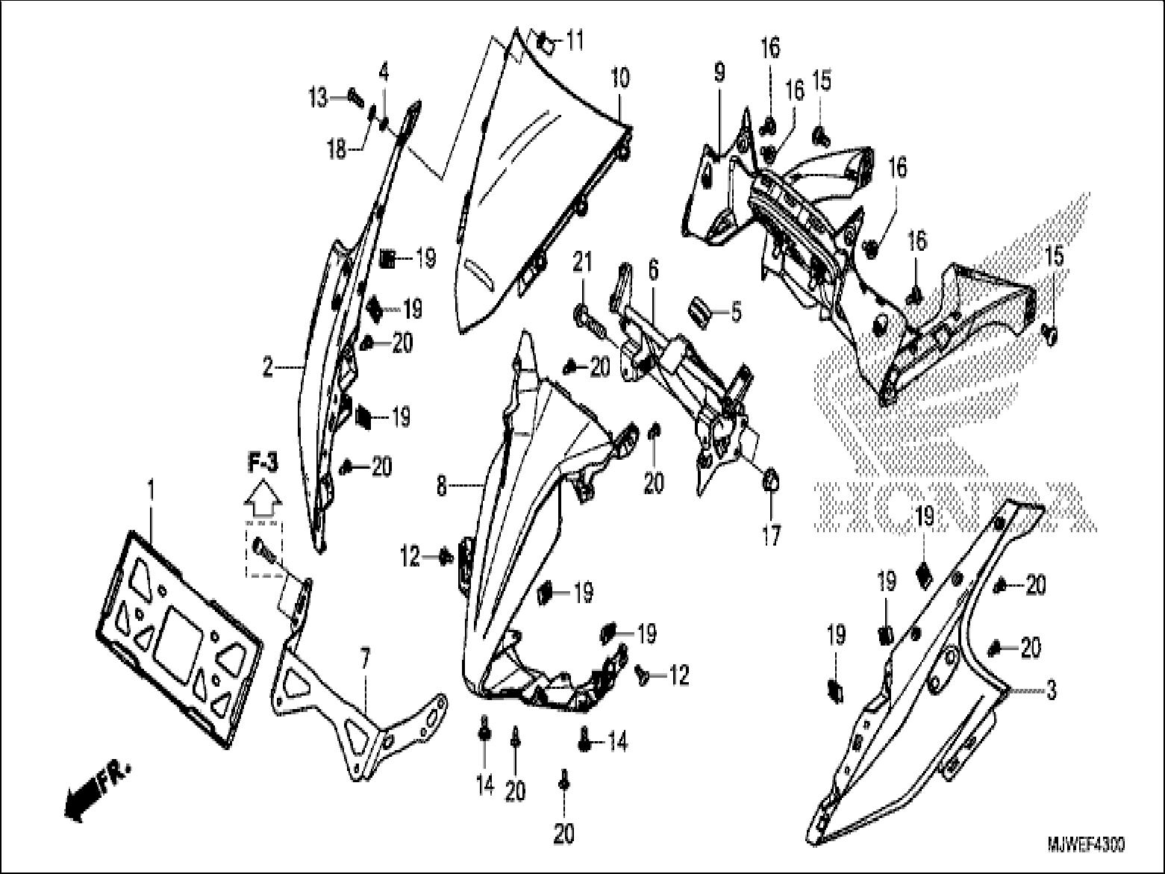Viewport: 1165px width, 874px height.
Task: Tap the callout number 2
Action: [266, 367]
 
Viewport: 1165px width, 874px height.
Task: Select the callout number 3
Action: [1051, 690]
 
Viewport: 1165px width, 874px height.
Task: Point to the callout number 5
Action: [736, 312]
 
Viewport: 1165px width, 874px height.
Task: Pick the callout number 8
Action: [441, 487]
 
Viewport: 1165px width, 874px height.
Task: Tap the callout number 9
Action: [719, 73]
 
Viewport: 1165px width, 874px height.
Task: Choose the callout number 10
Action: [620, 77]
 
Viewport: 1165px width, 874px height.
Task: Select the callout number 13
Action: [319, 96]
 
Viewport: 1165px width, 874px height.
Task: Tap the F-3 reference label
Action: [263, 463]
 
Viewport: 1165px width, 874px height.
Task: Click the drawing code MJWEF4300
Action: [1085, 844]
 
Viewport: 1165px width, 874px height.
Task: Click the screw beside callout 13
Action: [354, 96]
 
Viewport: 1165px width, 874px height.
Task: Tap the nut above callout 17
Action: [770, 481]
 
